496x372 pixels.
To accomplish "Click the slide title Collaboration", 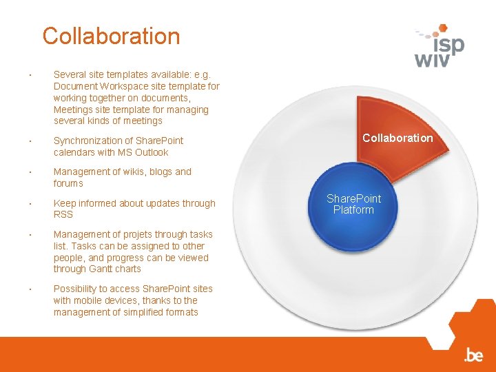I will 111,36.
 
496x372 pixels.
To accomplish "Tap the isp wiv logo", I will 440,46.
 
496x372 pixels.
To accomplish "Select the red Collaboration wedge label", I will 397,138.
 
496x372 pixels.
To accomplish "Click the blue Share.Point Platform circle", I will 353,204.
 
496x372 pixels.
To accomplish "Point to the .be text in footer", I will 473,355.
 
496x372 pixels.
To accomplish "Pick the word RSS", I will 63,214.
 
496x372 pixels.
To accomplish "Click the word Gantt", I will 101,269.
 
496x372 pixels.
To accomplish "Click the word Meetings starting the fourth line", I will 73,110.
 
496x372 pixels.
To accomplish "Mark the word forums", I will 68,183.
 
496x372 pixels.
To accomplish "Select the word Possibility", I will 76,289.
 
